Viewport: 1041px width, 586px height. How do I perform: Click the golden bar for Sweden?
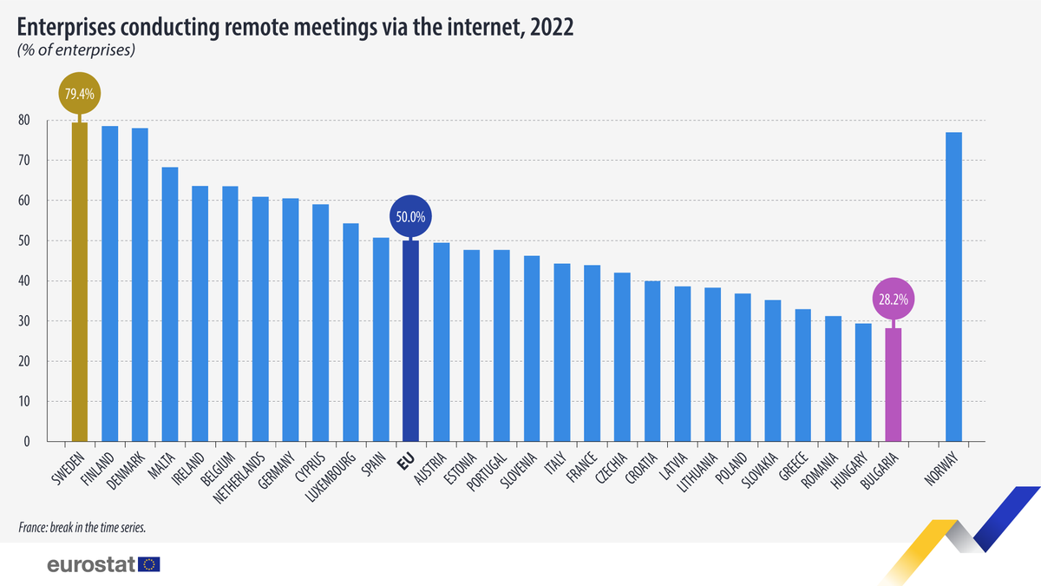[79, 282]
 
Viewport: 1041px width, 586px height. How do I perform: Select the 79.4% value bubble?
[79, 92]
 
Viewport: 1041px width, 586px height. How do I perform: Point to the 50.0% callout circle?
[411, 217]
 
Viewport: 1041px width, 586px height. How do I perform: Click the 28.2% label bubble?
[893, 300]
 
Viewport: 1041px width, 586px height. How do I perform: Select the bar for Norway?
[953, 286]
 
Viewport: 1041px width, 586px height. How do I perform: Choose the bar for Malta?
[170, 304]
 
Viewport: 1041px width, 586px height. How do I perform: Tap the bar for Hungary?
[863, 382]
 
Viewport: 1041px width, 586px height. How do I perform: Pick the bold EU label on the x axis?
[403, 463]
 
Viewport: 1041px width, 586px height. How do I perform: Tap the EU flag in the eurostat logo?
[149, 564]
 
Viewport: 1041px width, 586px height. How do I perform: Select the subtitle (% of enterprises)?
[75, 50]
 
